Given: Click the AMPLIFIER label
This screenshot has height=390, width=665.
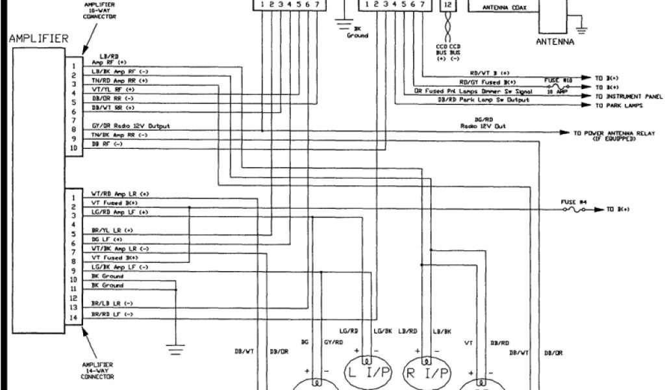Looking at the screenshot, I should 38,39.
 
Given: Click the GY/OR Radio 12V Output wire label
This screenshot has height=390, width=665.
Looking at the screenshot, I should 130,125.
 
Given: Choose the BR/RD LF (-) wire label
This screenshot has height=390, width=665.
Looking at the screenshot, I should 112,314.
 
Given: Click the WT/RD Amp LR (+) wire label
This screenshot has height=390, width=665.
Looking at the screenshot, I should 120,194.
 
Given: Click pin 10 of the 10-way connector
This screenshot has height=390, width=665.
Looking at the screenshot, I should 74,148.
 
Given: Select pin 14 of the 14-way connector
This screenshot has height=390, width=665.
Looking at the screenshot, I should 74,318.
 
